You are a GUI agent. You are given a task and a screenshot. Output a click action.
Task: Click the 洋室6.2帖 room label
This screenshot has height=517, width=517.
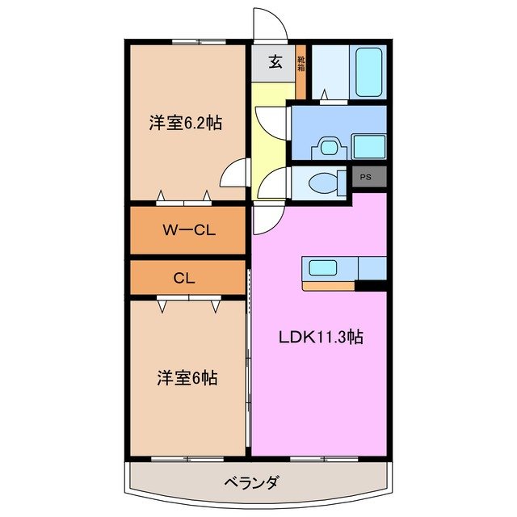[x=185, y=124]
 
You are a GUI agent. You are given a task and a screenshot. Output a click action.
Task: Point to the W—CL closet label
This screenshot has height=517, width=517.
[x=187, y=229]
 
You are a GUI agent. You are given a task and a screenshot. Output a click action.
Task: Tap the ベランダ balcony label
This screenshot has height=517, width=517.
[x=250, y=483]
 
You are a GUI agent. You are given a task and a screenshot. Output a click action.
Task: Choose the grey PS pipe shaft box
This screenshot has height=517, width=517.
[x=366, y=177]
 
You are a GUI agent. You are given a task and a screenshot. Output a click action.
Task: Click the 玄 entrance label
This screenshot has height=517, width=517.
[x=275, y=61]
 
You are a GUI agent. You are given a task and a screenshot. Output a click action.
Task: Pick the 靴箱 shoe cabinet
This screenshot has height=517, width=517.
[x=301, y=63]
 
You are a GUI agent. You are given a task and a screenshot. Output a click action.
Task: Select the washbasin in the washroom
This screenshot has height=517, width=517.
[x=326, y=146]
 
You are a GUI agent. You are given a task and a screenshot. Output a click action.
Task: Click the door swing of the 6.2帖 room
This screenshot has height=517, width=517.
[x=235, y=173]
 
